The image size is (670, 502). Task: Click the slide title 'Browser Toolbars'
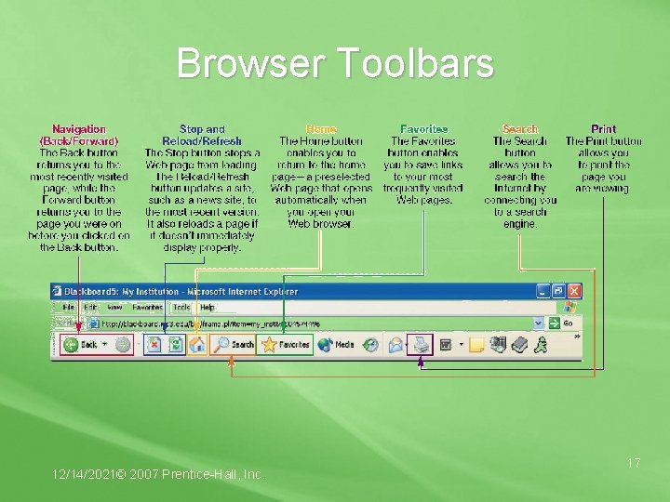(x=335, y=64)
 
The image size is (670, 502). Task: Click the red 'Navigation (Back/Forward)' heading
(x=79, y=134)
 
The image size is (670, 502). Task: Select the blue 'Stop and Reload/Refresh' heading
(x=202, y=134)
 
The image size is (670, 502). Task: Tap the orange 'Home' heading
(x=321, y=128)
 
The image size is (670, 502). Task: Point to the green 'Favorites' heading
(x=423, y=128)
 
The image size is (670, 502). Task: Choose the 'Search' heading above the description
(x=519, y=128)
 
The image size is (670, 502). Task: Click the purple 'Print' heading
(x=603, y=128)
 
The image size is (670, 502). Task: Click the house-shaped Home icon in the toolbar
(x=197, y=344)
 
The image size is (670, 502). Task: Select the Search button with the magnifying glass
(x=234, y=344)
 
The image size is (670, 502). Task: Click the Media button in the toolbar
(x=337, y=344)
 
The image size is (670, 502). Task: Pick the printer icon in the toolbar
(x=421, y=344)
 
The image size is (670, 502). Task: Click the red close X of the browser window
(x=573, y=291)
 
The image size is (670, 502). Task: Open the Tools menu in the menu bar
(x=181, y=307)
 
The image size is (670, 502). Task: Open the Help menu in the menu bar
(x=207, y=307)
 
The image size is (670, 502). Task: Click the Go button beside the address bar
(x=563, y=323)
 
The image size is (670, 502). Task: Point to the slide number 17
(x=634, y=462)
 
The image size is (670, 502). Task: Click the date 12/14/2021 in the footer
(x=87, y=475)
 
